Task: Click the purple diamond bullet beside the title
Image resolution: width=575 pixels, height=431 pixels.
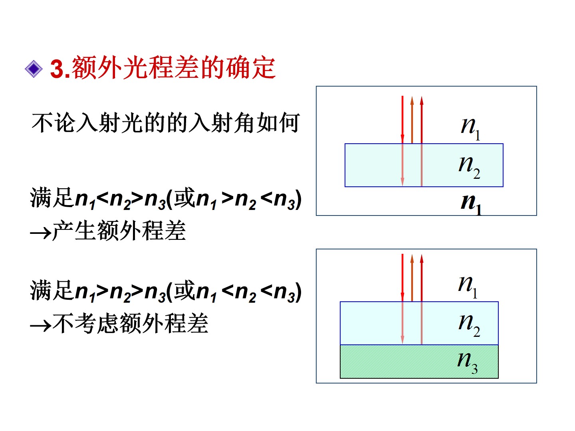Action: tap(34, 69)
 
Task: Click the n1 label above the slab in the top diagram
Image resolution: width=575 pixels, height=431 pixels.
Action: tap(470, 127)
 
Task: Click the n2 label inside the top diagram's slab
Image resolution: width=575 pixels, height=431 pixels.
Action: tap(469, 166)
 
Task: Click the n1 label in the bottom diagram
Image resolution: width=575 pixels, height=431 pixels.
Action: tap(468, 286)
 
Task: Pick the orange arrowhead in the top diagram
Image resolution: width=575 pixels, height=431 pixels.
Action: tap(412, 101)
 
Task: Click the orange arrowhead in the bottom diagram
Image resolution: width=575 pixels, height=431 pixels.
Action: tap(412, 259)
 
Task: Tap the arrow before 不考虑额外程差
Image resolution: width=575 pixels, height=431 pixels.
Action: tap(40, 325)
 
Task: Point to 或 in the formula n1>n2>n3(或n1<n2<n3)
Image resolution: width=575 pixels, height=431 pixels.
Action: tap(184, 291)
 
